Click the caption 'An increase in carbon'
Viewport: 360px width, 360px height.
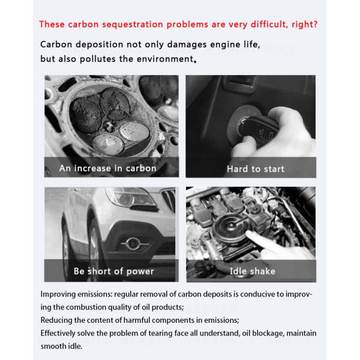click(107, 169)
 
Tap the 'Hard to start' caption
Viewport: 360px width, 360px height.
click(256, 169)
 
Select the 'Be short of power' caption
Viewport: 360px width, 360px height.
click(113, 271)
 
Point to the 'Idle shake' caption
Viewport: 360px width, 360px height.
click(253, 271)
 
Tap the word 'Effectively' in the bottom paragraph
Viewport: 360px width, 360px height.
click(59, 334)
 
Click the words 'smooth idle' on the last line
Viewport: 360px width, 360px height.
click(62, 346)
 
